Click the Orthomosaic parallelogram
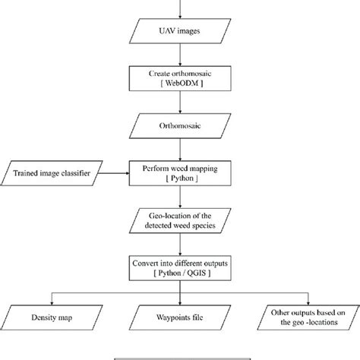click(180, 129)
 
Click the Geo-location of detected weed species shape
click(180, 221)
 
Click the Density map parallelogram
click(52, 314)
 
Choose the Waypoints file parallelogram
click(180, 314)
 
